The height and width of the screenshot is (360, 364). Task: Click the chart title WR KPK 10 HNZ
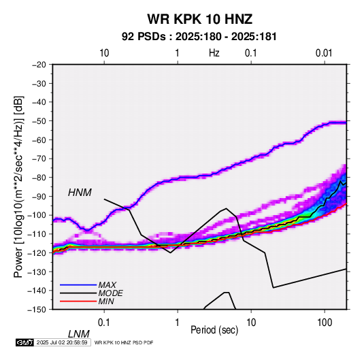199,19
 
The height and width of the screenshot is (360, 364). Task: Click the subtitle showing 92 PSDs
199,37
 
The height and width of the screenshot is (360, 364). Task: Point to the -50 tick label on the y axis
39,120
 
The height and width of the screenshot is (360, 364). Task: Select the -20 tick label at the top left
39,65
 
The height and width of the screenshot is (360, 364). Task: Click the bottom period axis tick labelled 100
325,323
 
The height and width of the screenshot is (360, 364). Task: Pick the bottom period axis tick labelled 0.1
104,323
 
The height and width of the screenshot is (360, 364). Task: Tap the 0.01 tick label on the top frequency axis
324,53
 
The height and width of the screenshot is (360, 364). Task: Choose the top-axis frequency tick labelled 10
104,53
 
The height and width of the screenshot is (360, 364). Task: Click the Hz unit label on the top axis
214,53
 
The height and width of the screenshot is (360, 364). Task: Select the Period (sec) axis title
214,330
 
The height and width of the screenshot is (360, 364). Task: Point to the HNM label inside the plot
80,193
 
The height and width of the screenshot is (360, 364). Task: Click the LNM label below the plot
79,334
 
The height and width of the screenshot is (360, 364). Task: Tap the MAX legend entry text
107,285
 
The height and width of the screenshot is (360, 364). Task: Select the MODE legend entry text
110,293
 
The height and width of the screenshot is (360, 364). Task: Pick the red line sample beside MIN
78,301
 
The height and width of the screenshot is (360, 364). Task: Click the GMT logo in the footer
24,342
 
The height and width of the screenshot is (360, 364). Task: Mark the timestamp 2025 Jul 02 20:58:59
62,342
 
